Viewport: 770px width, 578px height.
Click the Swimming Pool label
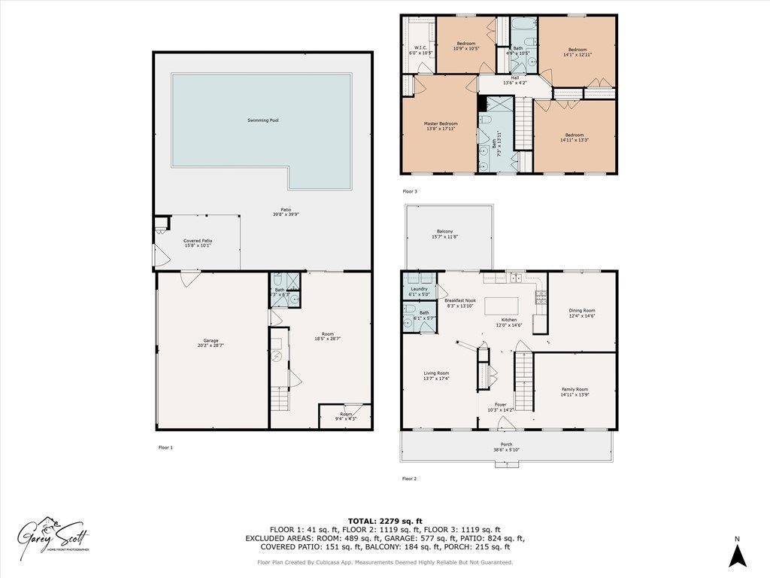click(x=263, y=120)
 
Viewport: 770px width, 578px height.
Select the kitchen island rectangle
click(x=503, y=306)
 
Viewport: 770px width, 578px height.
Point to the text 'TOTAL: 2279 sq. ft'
click(x=385, y=521)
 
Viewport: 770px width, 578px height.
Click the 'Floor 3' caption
click(x=410, y=191)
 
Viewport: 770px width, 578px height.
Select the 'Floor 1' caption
click(x=165, y=448)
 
